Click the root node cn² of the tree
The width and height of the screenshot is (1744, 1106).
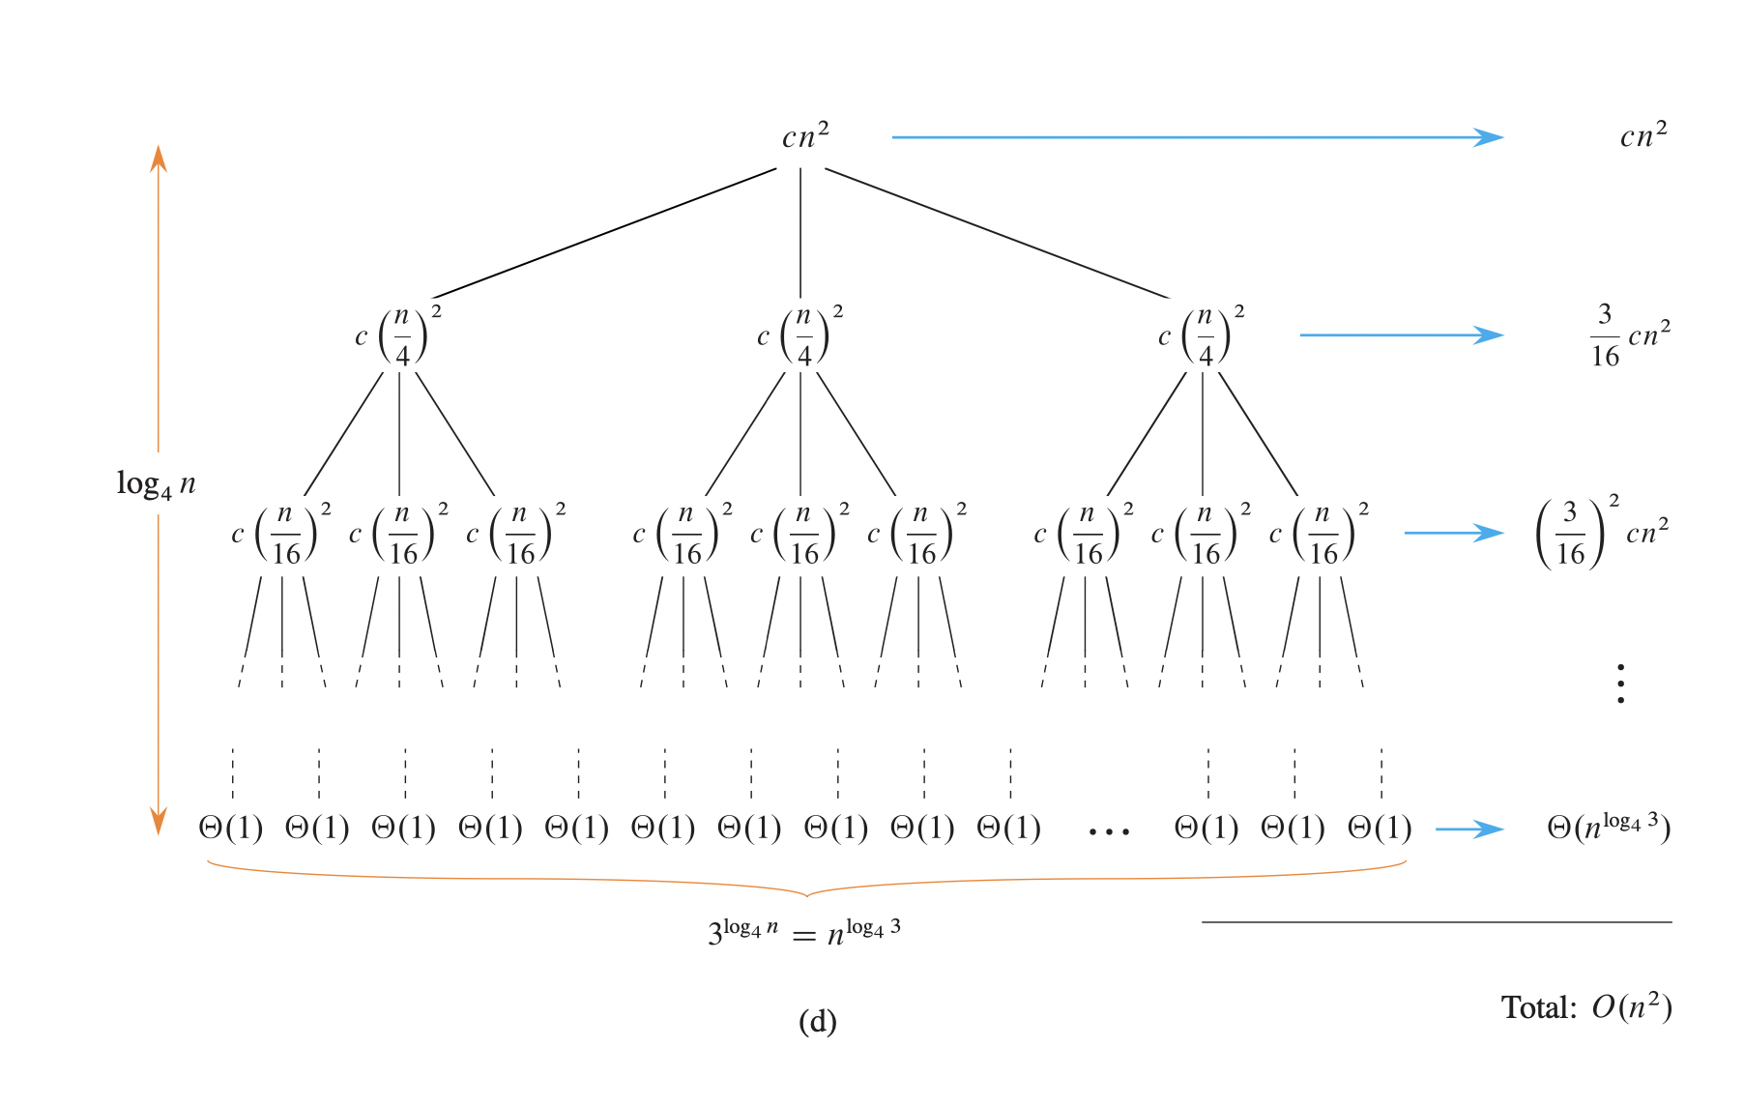(x=804, y=137)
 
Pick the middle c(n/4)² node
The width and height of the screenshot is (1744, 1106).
(x=800, y=336)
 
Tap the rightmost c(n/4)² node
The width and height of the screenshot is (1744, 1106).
(x=1202, y=336)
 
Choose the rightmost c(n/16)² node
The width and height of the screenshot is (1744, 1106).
(x=1320, y=535)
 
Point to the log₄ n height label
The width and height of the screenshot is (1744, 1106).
(x=156, y=483)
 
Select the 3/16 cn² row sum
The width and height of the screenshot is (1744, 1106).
(x=1630, y=336)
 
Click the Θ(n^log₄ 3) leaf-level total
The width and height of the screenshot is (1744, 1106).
(x=1609, y=828)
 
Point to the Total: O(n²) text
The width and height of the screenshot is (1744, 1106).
(x=1585, y=1007)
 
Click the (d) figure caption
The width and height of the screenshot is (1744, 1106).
(x=817, y=1022)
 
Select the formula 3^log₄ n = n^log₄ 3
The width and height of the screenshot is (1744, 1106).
(x=804, y=932)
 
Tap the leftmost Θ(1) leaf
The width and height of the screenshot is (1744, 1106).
(x=230, y=829)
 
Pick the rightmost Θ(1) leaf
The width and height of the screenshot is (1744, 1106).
(x=1380, y=829)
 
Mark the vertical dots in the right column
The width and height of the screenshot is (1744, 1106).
(x=1620, y=683)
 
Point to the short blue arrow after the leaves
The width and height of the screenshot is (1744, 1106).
(x=1469, y=829)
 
